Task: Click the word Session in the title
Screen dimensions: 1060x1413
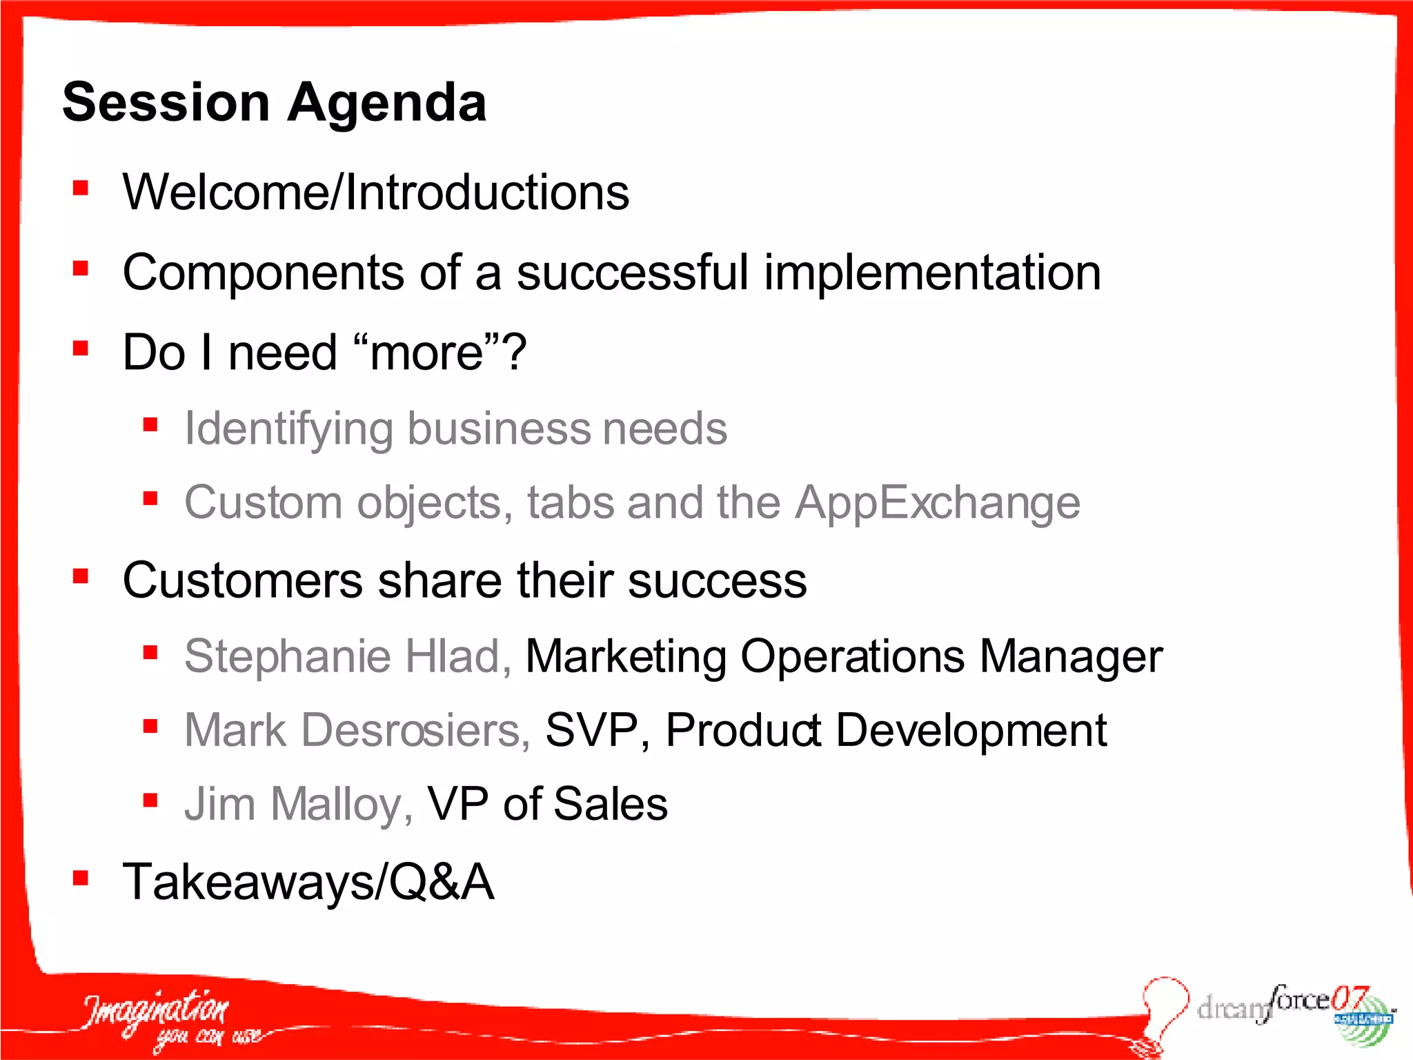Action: click(x=166, y=102)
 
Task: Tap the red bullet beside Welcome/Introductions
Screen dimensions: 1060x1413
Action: click(x=81, y=188)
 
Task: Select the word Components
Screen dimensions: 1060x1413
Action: click(x=263, y=273)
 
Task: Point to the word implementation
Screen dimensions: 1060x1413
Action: click(x=932, y=273)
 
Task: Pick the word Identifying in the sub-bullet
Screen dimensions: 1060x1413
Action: click(x=289, y=429)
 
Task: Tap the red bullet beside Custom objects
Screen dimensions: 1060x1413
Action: click(x=150, y=498)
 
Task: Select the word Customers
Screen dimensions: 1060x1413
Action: click(x=242, y=580)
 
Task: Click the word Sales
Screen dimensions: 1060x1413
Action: click(x=610, y=805)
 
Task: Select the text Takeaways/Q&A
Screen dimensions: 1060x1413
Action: click(x=308, y=882)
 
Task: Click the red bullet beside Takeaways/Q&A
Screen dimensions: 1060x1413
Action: click(x=81, y=878)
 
